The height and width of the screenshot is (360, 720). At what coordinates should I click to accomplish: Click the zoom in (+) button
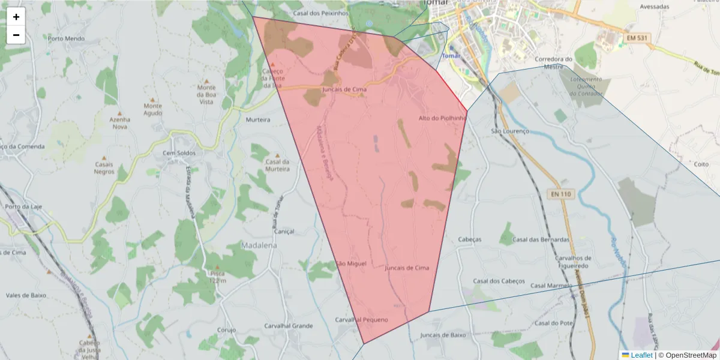click(x=16, y=17)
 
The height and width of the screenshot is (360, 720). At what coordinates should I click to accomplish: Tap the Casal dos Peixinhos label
click(x=320, y=13)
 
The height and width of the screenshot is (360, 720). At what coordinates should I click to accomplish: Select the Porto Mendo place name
click(x=67, y=38)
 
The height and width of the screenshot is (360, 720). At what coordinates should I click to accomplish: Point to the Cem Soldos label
click(x=179, y=153)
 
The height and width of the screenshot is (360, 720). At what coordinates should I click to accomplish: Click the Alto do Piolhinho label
click(x=442, y=118)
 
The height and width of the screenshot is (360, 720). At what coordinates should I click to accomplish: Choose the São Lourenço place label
click(x=510, y=131)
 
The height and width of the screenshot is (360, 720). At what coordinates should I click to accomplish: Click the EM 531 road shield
click(x=637, y=38)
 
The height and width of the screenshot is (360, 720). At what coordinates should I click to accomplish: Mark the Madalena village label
click(x=259, y=245)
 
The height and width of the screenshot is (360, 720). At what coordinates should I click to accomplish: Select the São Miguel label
click(x=351, y=263)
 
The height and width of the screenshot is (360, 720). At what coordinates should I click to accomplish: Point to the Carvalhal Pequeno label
click(x=361, y=320)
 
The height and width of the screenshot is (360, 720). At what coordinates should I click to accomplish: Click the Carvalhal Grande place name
click(x=289, y=326)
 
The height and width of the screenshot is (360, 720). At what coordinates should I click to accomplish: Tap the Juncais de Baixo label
click(x=443, y=335)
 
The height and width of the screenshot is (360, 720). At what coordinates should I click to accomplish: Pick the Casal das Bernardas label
click(x=541, y=239)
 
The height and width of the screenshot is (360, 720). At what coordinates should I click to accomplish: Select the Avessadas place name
click(x=654, y=7)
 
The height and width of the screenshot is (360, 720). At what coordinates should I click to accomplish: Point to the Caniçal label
click(x=284, y=231)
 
